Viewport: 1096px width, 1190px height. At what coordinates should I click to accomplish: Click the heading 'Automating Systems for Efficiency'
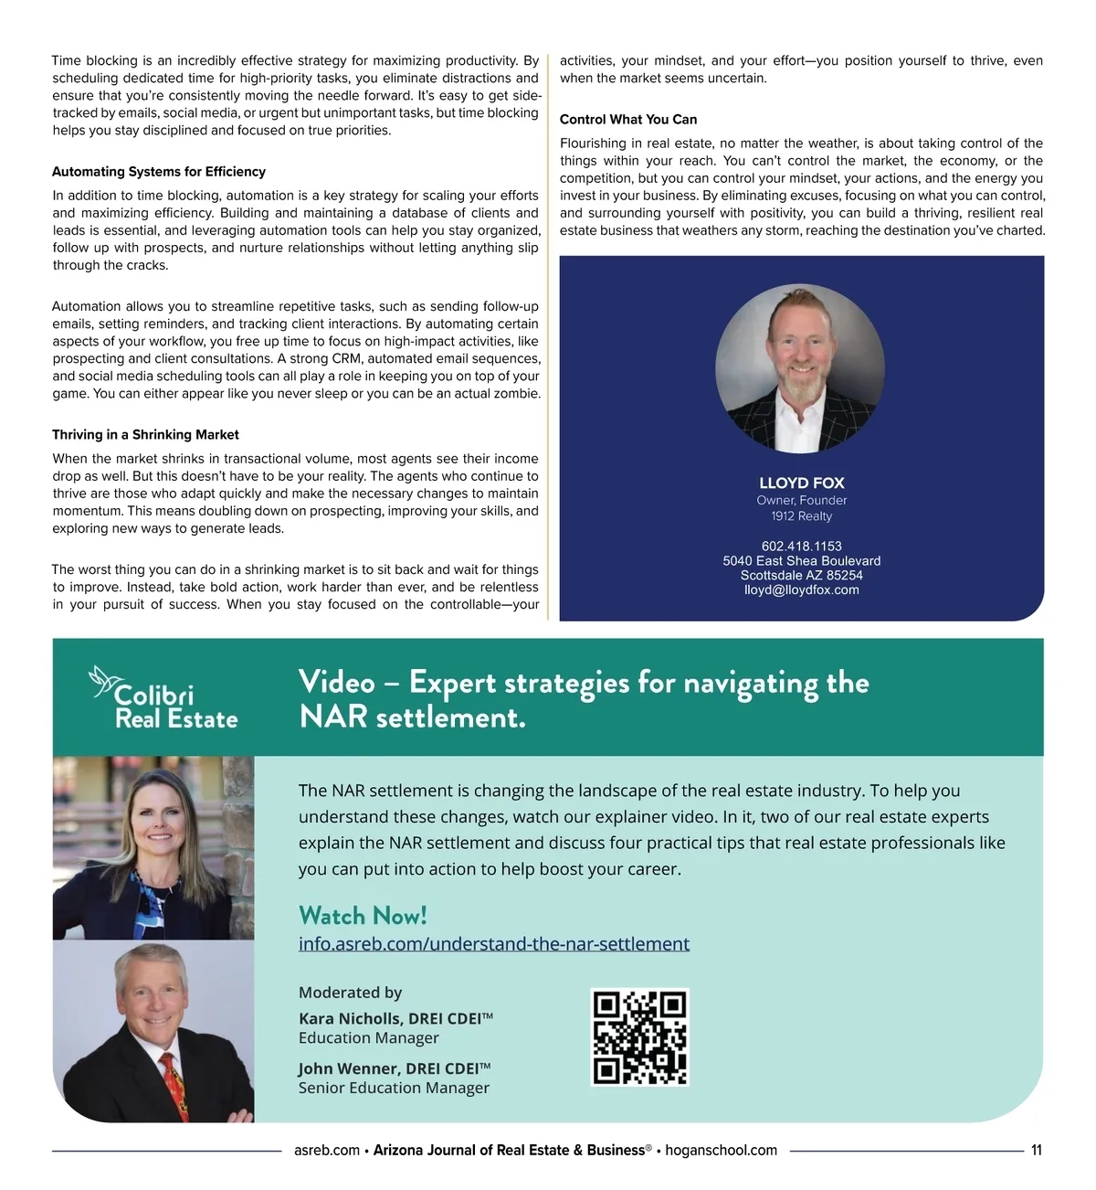point(159,172)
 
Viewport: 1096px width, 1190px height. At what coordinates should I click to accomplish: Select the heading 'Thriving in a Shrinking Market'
point(145,435)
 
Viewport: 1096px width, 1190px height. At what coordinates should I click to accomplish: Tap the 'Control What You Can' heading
point(628,120)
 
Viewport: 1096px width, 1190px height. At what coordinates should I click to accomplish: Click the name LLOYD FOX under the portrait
point(802,483)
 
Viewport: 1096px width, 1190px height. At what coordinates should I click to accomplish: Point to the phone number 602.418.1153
point(802,547)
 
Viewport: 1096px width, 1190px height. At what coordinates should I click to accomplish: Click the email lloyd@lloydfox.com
point(802,590)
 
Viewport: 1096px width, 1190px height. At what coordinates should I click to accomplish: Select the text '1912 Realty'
point(802,516)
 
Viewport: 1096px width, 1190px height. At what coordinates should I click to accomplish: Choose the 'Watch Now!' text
point(363,916)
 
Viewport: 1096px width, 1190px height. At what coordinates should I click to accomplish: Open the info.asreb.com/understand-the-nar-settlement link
point(494,944)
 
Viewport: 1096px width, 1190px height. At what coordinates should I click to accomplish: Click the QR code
point(639,1037)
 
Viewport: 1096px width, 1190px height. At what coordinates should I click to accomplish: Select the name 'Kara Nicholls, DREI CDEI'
point(390,1019)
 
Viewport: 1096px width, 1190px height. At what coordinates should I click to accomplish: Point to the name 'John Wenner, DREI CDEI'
point(390,1069)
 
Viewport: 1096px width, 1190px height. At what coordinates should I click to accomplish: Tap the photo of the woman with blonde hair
point(153,847)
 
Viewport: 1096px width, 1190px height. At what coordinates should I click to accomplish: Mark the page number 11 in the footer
point(1036,1151)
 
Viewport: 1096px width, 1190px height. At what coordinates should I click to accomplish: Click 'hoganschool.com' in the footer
point(722,1151)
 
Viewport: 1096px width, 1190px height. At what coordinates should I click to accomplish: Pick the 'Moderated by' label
point(350,993)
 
